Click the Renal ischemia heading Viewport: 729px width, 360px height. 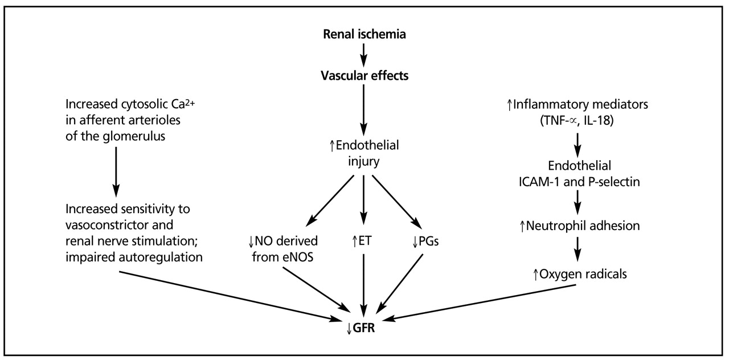click(364, 34)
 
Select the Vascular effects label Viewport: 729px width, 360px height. click(364, 76)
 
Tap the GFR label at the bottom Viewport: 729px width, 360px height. click(364, 328)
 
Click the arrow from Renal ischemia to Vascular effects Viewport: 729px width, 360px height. click(364, 55)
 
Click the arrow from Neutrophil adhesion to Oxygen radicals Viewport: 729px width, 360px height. click(579, 249)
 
